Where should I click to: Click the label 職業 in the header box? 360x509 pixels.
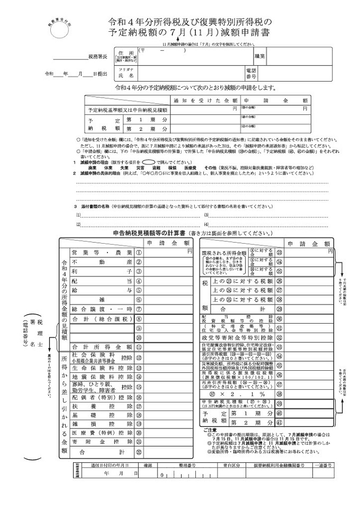pyautogui.click(x=260, y=55)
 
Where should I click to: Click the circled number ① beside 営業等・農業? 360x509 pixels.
pyautogui.click(x=139, y=253)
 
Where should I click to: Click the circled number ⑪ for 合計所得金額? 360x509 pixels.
pyautogui.click(x=139, y=347)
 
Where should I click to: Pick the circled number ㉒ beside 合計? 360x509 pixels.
pyautogui.click(x=139, y=452)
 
